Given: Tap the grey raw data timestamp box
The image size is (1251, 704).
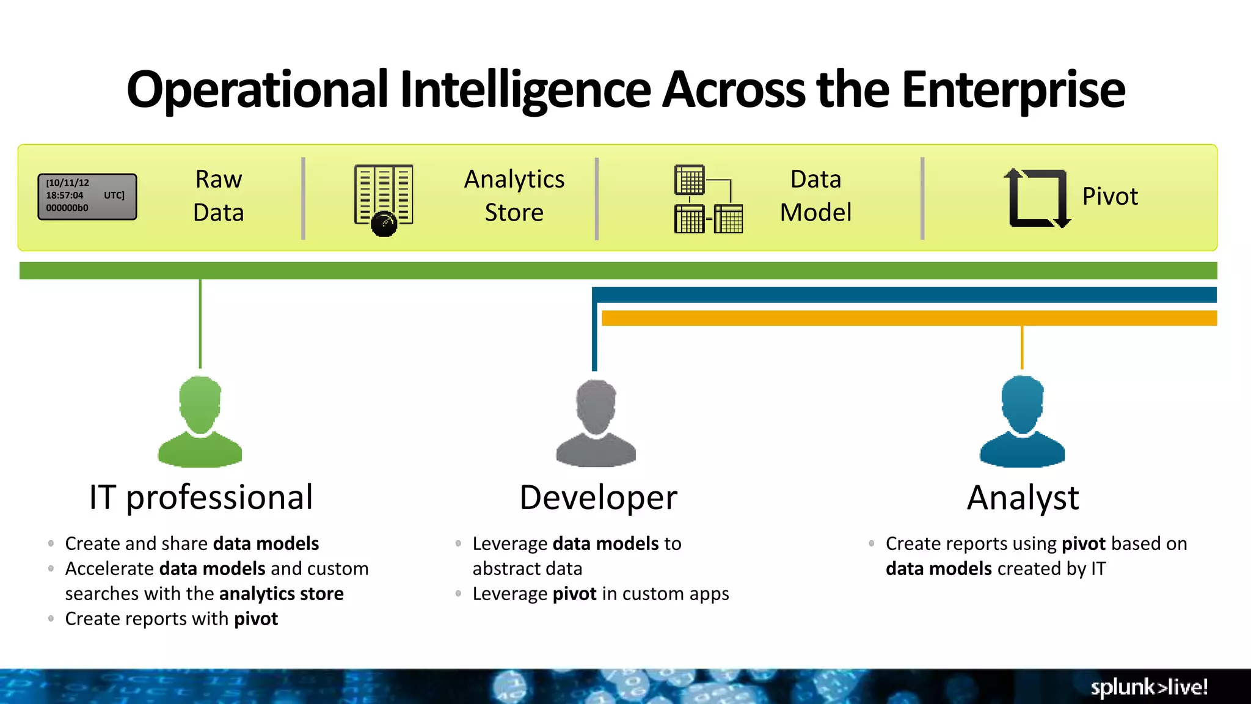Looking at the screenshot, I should tap(87, 196).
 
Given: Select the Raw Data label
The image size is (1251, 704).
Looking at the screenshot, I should tap(218, 196).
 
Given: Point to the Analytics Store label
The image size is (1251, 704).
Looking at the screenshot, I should tap(514, 196).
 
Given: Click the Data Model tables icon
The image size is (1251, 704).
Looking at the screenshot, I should tap(708, 199).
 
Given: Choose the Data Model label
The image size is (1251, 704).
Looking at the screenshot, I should tap(815, 196).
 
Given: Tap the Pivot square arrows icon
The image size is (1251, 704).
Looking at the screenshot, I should tap(1037, 198).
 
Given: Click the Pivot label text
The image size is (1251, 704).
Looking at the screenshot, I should tap(1109, 197).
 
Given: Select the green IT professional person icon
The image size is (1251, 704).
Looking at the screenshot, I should tap(200, 422).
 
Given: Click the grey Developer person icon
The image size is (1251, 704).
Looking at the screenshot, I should tap(596, 423).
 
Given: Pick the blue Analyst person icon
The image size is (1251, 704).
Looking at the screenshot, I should tap(1022, 422).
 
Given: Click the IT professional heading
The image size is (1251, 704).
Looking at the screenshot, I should tap(201, 497).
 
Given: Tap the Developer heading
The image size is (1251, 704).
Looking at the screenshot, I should tap(598, 497).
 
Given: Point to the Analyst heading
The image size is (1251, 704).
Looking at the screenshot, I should tap(1023, 497).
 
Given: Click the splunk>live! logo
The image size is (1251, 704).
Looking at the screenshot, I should tap(1148, 687).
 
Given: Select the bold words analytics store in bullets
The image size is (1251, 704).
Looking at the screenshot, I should tap(281, 593).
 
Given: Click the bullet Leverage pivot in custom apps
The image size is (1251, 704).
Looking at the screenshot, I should tap(600, 593).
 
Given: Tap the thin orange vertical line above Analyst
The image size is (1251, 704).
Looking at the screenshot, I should tap(1022, 347).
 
